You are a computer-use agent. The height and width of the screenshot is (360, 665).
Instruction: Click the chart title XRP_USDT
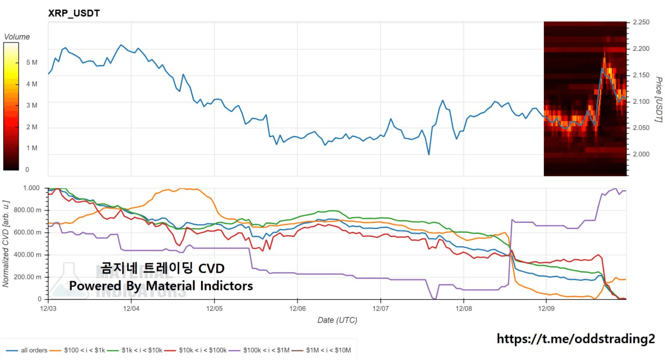point(73,14)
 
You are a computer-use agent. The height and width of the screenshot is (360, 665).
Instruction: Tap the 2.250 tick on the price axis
point(641,23)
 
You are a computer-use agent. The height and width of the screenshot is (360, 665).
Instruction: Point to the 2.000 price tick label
point(641,154)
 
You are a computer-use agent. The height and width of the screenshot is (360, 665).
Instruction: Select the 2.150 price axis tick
point(641,75)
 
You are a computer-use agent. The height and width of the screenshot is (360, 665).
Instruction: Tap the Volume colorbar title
point(17,37)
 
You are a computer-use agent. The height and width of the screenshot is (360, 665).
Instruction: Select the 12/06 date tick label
point(297,308)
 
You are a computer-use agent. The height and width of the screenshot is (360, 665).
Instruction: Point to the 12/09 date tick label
point(546,308)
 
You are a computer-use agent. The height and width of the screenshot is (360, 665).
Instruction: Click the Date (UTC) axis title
point(337,321)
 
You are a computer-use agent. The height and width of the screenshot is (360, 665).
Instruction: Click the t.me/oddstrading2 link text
point(576,339)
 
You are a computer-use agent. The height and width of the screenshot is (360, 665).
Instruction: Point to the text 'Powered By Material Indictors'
point(161,286)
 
